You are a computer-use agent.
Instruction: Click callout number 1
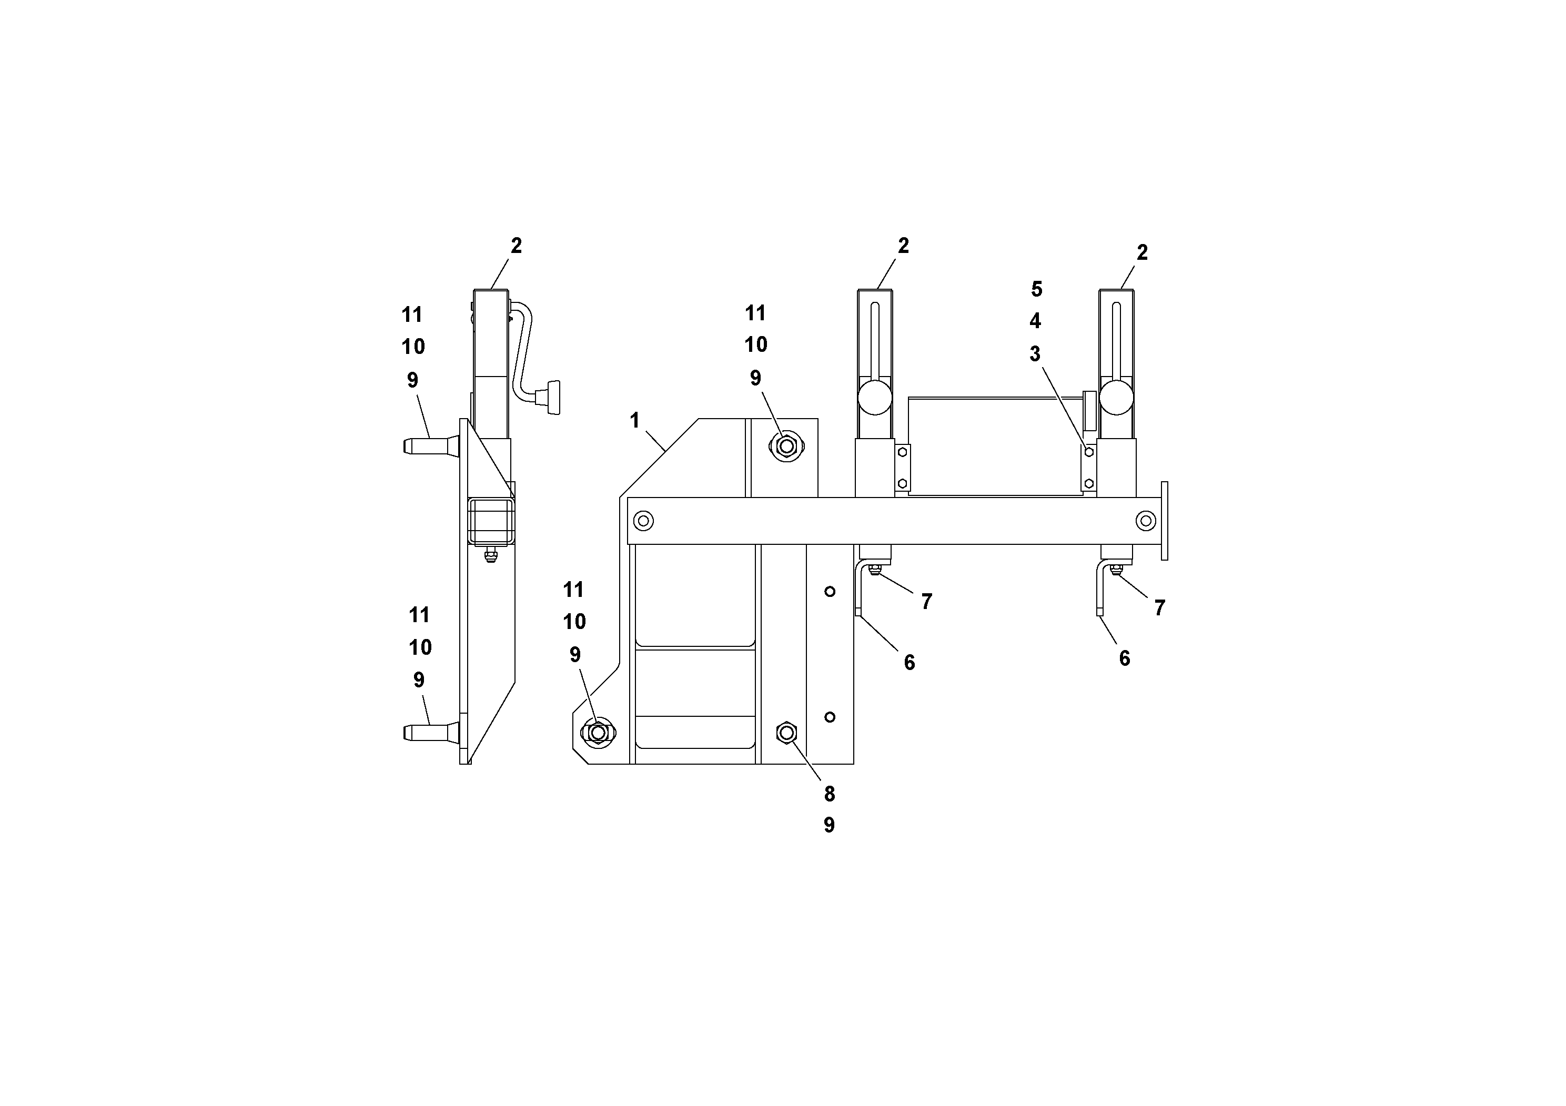pyautogui.click(x=634, y=421)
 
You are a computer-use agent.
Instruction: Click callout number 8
pyautogui.click(x=830, y=794)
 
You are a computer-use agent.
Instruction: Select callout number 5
pyautogui.click(x=1036, y=289)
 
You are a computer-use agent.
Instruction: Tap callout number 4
pyautogui.click(x=1035, y=321)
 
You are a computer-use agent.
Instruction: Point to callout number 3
pyautogui.click(x=1035, y=354)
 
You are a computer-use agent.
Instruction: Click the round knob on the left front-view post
pyautogui.click(x=874, y=397)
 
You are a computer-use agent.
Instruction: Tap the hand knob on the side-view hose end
pyautogui.click(x=550, y=398)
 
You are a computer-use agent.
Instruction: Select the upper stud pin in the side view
pyautogui.click(x=430, y=447)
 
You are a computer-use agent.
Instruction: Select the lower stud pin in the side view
pyautogui.click(x=430, y=733)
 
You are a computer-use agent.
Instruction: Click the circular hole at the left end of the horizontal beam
pyautogui.click(x=643, y=522)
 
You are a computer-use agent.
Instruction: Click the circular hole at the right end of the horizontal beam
pyautogui.click(x=1146, y=522)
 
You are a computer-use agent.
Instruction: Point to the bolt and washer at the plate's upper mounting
pyautogui.click(x=786, y=447)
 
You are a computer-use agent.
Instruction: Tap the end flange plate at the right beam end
pyautogui.click(x=1164, y=521)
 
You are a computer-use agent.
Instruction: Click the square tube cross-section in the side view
pyautogui.click(x=492, y=522)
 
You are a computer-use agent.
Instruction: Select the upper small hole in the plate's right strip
pyautogui.click(x=830, y=591)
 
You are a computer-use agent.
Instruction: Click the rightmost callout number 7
pyautogui.click(x=1159, y=607)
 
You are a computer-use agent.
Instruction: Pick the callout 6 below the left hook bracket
pyautogui.click(x=909, y=662)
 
